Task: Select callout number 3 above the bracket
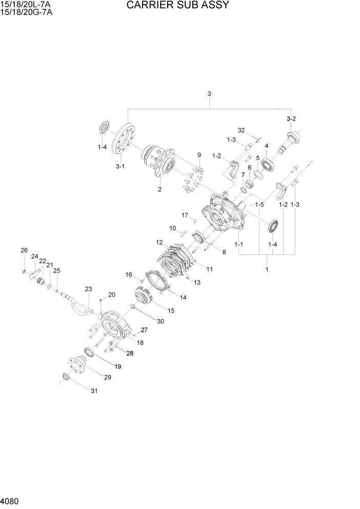click(209, 93)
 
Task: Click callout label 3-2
click(291, 119)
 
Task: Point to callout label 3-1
click(120, 167)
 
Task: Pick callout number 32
click(242, 130)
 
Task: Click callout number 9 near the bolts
click(199, 155)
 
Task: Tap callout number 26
click(24, 250)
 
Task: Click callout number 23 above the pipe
click(88, 289)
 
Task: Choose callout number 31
click(94, 391)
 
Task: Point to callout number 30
click(161, 322)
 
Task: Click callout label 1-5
click(261, 205)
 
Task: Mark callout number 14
click(183, 297)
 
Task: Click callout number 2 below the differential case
click(159, 189)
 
